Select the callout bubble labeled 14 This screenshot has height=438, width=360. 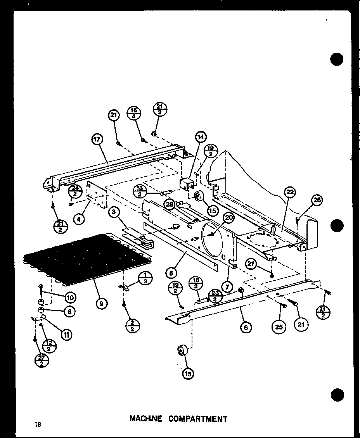(x=201, y=137)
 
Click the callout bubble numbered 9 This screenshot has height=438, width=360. (x=101, y=303)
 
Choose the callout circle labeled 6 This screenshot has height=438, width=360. (x=245, y=327)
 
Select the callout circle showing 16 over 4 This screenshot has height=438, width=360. (x=134, y=113)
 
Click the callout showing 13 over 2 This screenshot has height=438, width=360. (x=139, y=191)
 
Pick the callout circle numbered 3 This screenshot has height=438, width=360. (x=114, y=212)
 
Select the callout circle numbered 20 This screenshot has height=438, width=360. (x=229, y=218)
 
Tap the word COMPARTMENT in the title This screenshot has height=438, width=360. (x=199, y=419)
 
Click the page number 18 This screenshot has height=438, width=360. (x=37, y=424)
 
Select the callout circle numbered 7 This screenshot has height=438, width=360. (x=227, y=287)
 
